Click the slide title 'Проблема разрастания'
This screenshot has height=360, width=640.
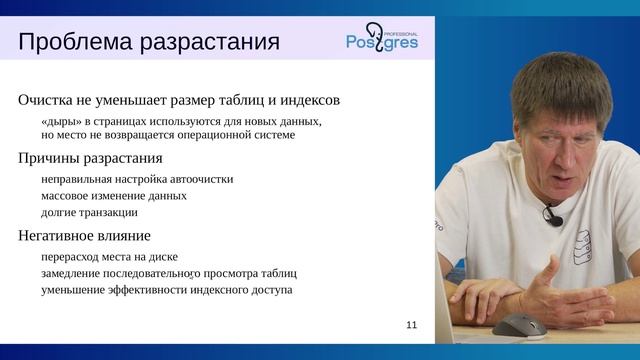point(149,42)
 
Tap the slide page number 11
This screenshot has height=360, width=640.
point(412,325)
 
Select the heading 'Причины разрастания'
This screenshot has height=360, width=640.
point(90,158)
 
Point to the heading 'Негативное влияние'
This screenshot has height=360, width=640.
point(84,235)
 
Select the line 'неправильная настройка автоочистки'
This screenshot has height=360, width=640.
point(137,179)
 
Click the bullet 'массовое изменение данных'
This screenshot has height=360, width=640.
point(114,196)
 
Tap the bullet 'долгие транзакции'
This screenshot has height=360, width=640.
point(89,212)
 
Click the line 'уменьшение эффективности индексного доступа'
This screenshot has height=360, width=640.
point(167,290)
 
